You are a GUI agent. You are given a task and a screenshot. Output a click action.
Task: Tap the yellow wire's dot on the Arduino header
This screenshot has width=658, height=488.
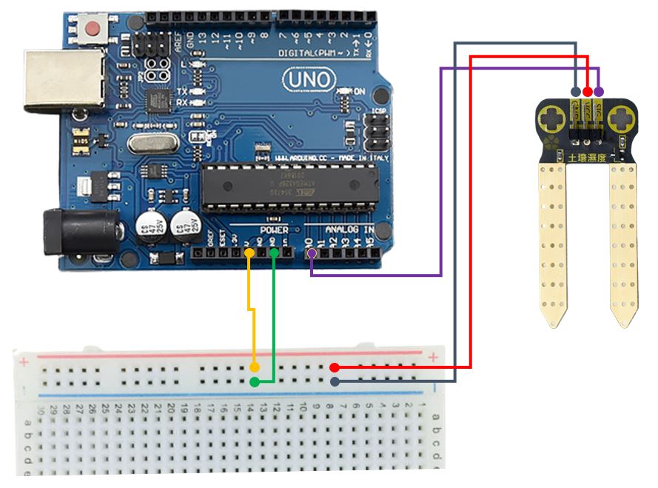pyautogui.click(x=249, y=253)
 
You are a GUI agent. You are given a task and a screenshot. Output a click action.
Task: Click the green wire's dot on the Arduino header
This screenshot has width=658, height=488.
pyautogui.click(x=275, y=253)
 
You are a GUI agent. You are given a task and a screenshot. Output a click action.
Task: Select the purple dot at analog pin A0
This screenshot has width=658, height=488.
pyautogui.click(x=312, y=254)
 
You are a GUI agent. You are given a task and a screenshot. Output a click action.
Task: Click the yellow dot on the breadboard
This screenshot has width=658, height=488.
pyautogui.click(x=255, y=367)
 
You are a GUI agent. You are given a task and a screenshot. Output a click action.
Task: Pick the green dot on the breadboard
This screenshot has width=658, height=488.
pyautogui.click(x=255, y=382)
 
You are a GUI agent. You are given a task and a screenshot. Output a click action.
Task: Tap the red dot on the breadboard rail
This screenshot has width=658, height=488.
pyautogui.click(x=335, y=367)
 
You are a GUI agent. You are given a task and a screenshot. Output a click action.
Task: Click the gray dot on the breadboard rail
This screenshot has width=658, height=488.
pyautogui.click(x=335, y=382)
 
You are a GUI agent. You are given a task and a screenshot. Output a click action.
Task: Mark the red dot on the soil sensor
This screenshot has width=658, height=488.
pyautogui.click(x=588, y=91)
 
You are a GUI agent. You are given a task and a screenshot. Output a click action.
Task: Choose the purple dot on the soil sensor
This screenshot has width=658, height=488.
pyautogui.click(x=599, y=91)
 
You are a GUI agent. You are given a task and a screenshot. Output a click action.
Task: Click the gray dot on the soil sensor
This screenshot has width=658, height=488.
pyautogui.click(x=577, y=91)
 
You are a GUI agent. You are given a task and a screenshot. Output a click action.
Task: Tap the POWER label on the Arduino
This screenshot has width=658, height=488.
pyautogui.click(x=274, y=230)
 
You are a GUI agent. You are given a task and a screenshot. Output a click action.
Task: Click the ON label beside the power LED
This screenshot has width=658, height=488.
pyautogui.click(x=360, y=91)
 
